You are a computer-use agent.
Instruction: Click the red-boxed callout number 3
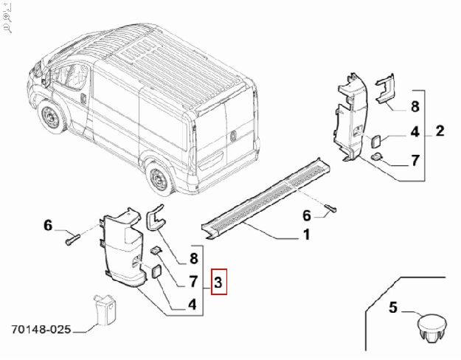(x=219, y=281)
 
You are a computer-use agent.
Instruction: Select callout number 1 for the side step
(x=305, y=236)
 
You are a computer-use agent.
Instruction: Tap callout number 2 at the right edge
(x=440, y=132)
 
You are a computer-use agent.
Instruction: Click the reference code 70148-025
(x=41, y=330)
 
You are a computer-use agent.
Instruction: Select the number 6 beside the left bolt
(x=49, y=226)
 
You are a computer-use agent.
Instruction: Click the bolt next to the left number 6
(x=71, y=238)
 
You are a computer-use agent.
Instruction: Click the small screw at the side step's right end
(x=331, y=207)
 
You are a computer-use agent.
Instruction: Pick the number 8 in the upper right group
(x=415, y=106)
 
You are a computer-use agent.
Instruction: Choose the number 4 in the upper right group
(x=415, y=133)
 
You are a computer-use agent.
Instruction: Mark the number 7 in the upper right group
(x=415, y=159)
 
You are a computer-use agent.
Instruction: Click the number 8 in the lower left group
(x=193, y=258)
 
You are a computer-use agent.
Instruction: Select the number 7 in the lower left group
(x=193, y=281)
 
